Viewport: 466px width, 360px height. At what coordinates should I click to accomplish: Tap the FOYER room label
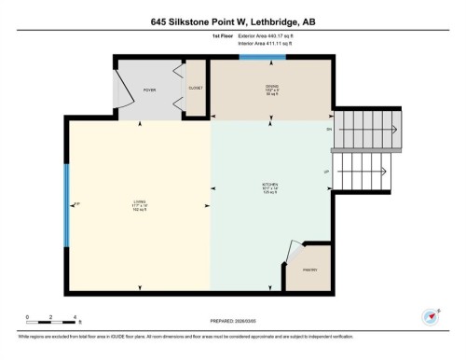pyautogui.click(x=149, y=90)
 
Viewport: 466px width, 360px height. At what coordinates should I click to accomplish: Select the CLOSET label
pyautogui.click(x=196, y=89)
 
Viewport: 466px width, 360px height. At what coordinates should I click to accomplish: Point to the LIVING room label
pyautogui.click(x=139, y=205)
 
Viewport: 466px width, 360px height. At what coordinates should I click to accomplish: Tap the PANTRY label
pyautogui.click(x=310, y=270)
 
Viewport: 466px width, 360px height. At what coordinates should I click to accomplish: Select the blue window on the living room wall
pyautogui.click(x=65, y=205)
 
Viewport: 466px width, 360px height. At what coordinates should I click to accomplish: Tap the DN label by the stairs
pyautogui.click(x=328, y=129)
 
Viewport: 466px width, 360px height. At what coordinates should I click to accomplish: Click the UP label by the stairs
pyautogui.click(x=326, y=172)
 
